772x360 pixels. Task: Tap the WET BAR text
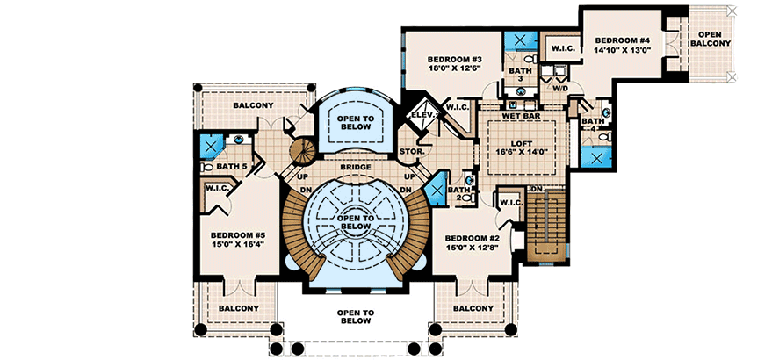[x=522, y=116]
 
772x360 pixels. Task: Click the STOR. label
[x=412, y=151]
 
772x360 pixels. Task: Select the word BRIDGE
[x=356, y=168]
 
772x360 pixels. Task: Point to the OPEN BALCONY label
[x=710, y=39]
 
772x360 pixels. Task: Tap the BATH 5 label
[x=230, y=167]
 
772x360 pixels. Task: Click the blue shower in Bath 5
[x=210, y=148]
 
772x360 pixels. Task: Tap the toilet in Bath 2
[x=469, y=198]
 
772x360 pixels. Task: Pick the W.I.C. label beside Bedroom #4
[x=560, y=48]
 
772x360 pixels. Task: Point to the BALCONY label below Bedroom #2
[x=473, y=308]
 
